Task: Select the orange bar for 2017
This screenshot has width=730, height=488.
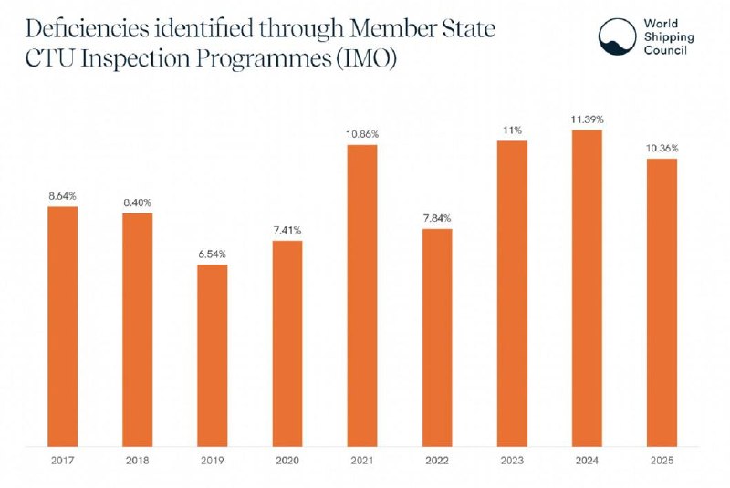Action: (x=63, y=327)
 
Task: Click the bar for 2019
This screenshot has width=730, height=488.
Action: (x=213, y=356)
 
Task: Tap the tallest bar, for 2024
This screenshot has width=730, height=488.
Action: (x=587, y=288)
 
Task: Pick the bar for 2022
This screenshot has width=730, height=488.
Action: (x=437, y=337)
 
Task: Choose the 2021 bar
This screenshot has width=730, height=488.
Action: (x=362, y=296)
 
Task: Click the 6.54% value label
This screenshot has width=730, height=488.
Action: (x=213, y=254)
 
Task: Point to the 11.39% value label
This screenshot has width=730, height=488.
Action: (x=587, y=119)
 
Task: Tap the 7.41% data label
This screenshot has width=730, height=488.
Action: (x=287, y=230)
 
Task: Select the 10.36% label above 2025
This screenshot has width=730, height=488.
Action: (x=662, y=149)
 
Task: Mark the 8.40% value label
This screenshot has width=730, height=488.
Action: (x=138, y=202)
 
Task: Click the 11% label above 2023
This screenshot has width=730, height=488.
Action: (x=512, y=130)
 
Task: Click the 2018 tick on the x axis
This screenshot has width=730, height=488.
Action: (x=138, y=461)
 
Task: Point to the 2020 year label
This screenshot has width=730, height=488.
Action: (x=287, y=461)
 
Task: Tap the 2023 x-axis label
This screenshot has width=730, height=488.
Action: (x=512, y=461)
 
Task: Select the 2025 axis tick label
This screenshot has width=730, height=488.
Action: (x=662, y=461)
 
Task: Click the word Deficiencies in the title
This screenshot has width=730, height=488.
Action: (x=88, y=29)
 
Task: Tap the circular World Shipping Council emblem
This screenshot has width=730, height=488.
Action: (x=618, y=36)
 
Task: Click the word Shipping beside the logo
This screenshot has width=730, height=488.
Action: (x=669, y=37)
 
